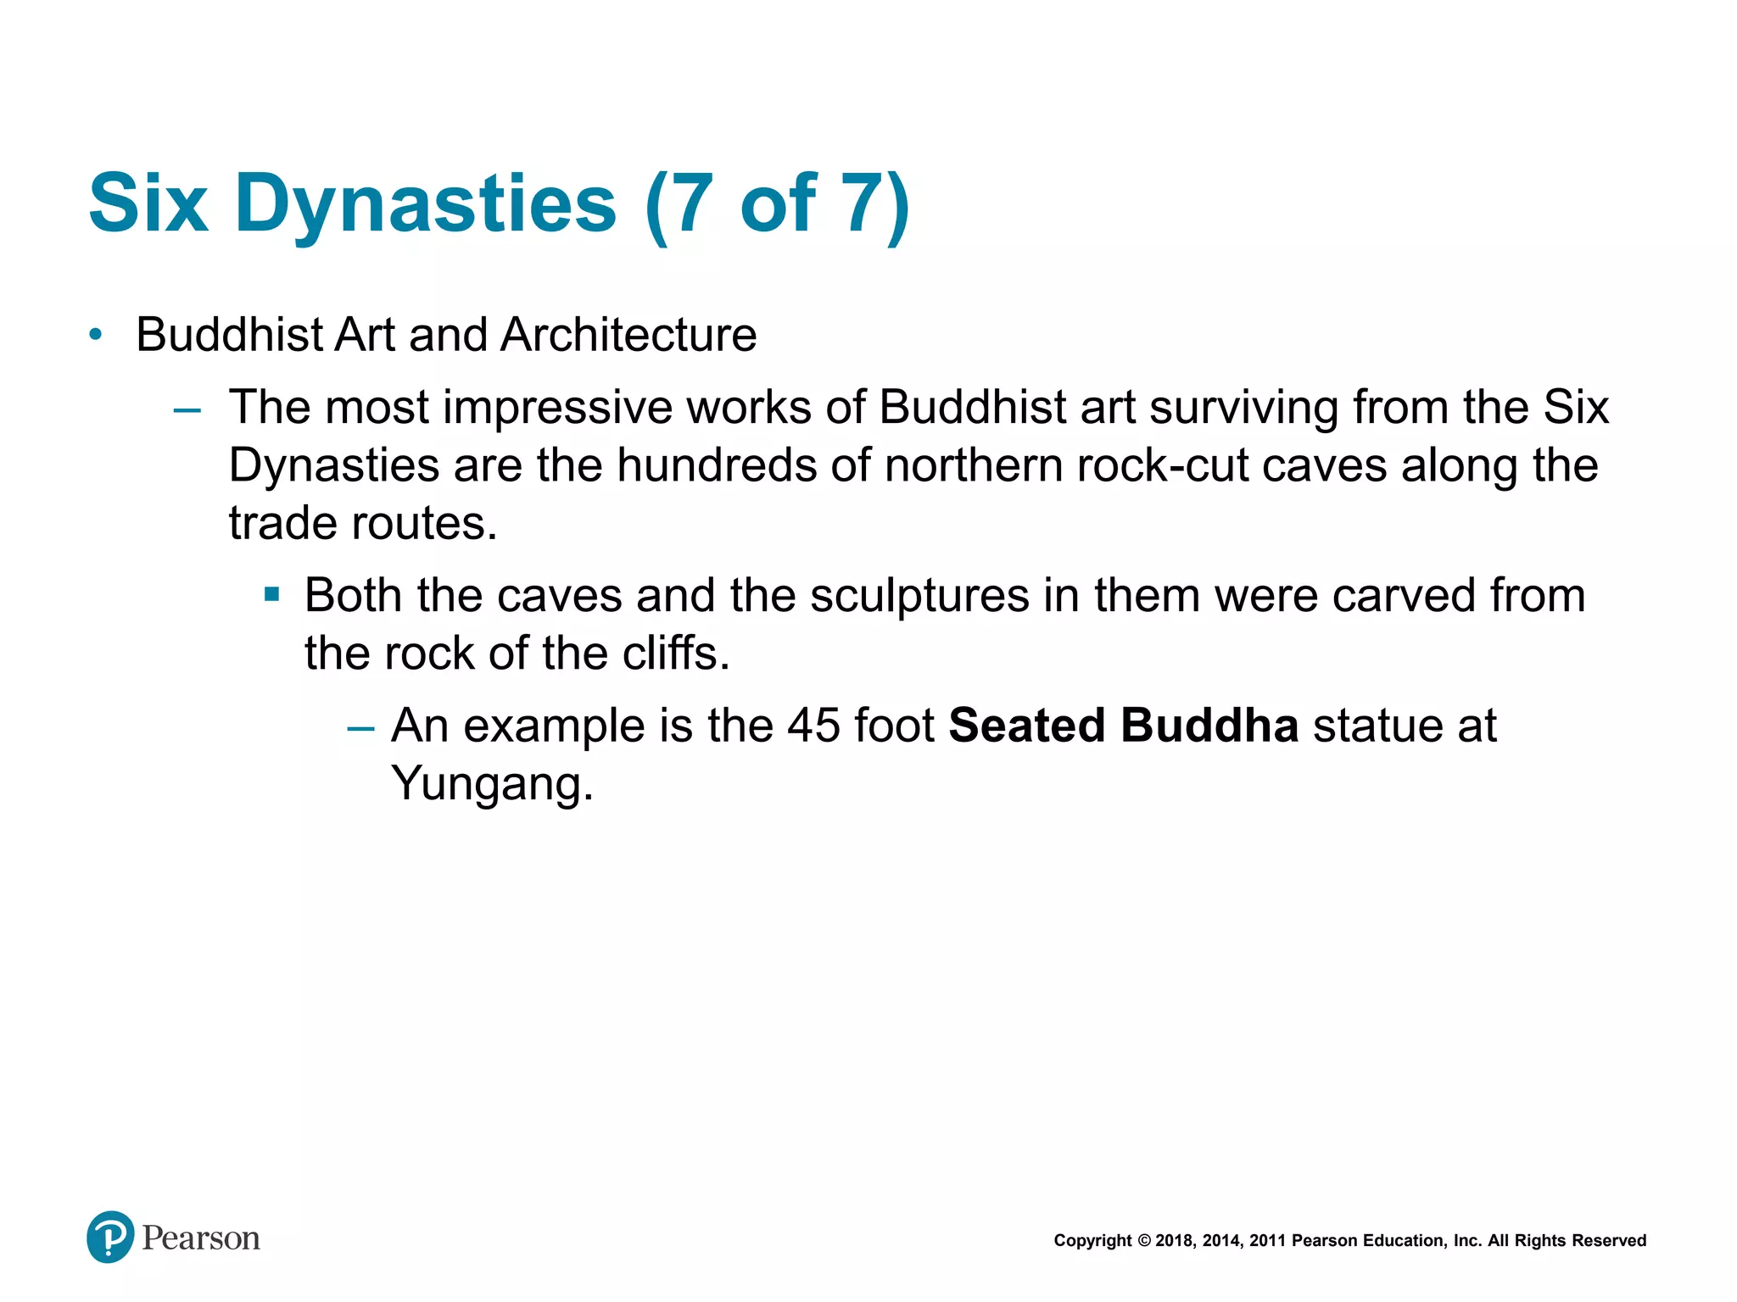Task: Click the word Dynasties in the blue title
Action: click(425, 205)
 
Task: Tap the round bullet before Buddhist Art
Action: click(96, 335)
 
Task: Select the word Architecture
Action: click(628, 335)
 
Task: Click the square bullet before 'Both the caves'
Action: click(271, 594)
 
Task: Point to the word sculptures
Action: click(919, 595)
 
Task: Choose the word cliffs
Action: click(675, 654)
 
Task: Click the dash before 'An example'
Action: click(360, 728)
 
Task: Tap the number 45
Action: click(813, 726)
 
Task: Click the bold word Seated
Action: click(1026, 726)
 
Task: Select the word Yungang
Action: click(491, 783)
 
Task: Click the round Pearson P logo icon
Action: click(110, 1237)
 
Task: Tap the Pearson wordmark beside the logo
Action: click(201, 1238)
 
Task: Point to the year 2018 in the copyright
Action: click(1174, 1241)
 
